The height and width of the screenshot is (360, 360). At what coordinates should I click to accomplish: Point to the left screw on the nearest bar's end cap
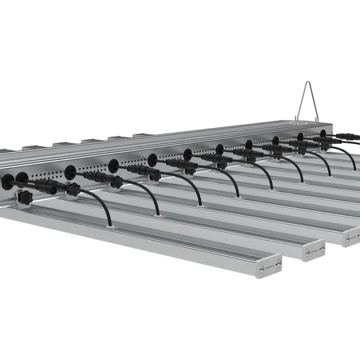pos(261,269)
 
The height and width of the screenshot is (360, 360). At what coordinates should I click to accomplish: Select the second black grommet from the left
pos(21,178)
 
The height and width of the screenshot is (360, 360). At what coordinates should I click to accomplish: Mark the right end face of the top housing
pos(331,127)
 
